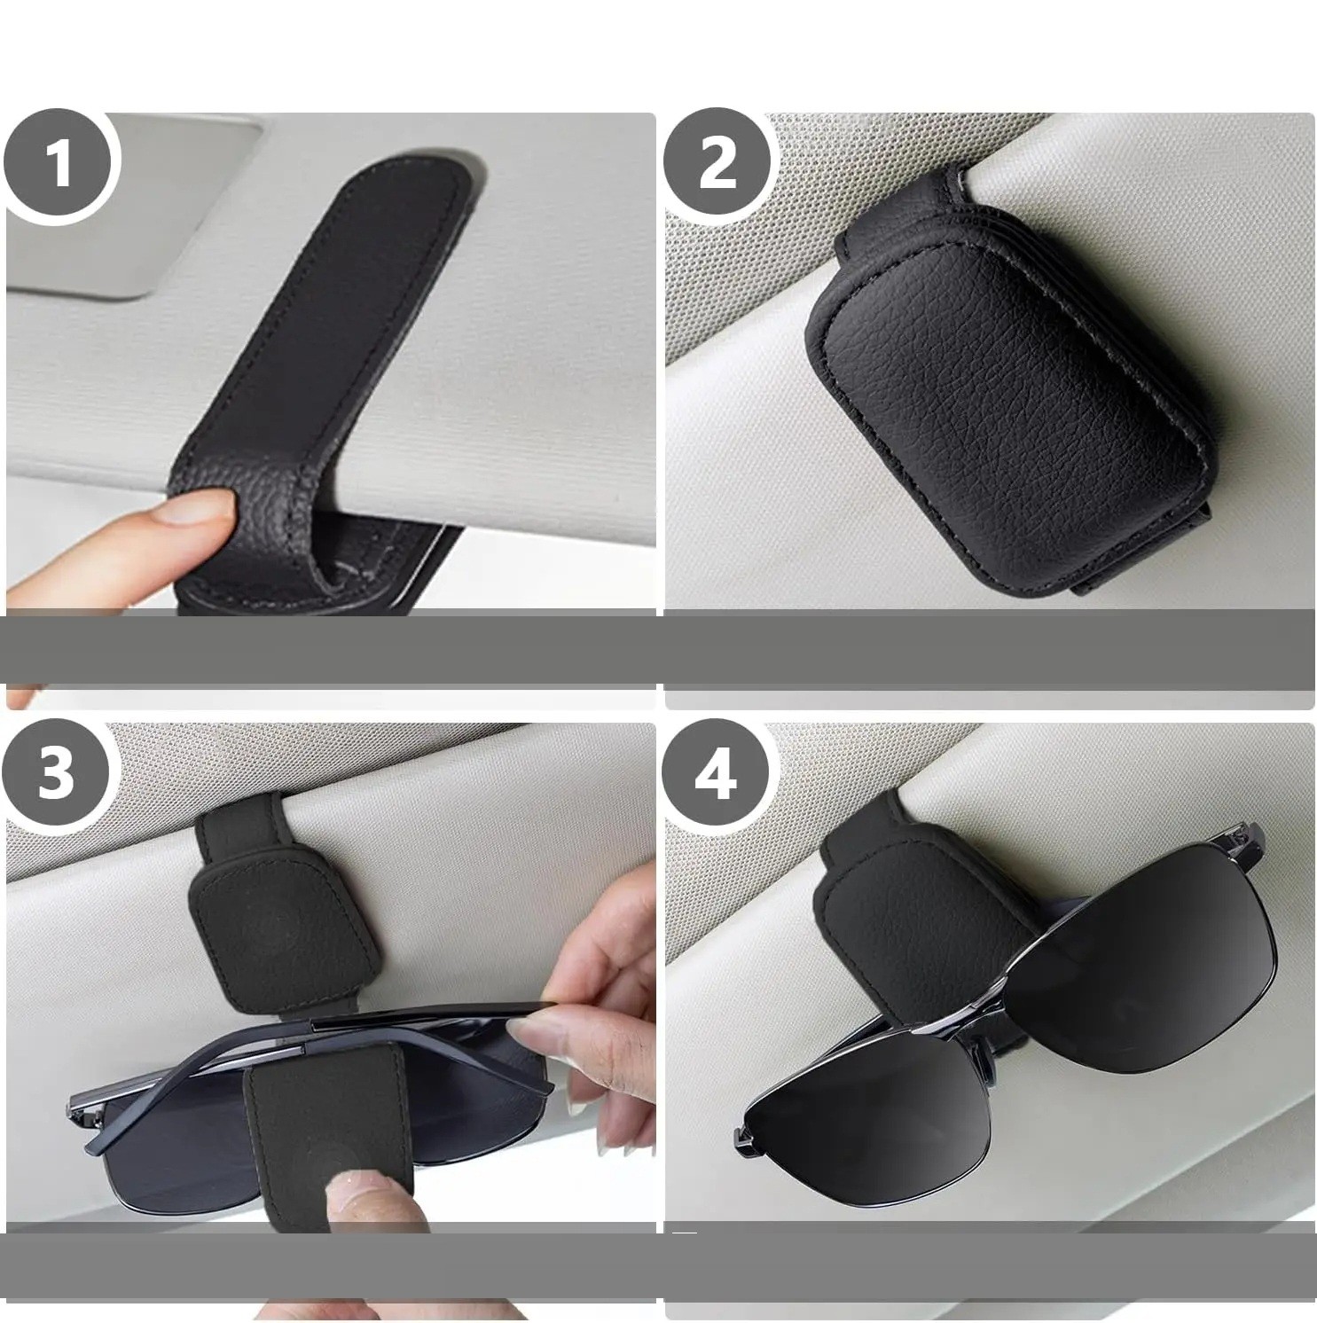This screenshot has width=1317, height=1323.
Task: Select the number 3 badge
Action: click(59, 773)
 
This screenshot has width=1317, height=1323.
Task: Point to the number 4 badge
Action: click(717, 774)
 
